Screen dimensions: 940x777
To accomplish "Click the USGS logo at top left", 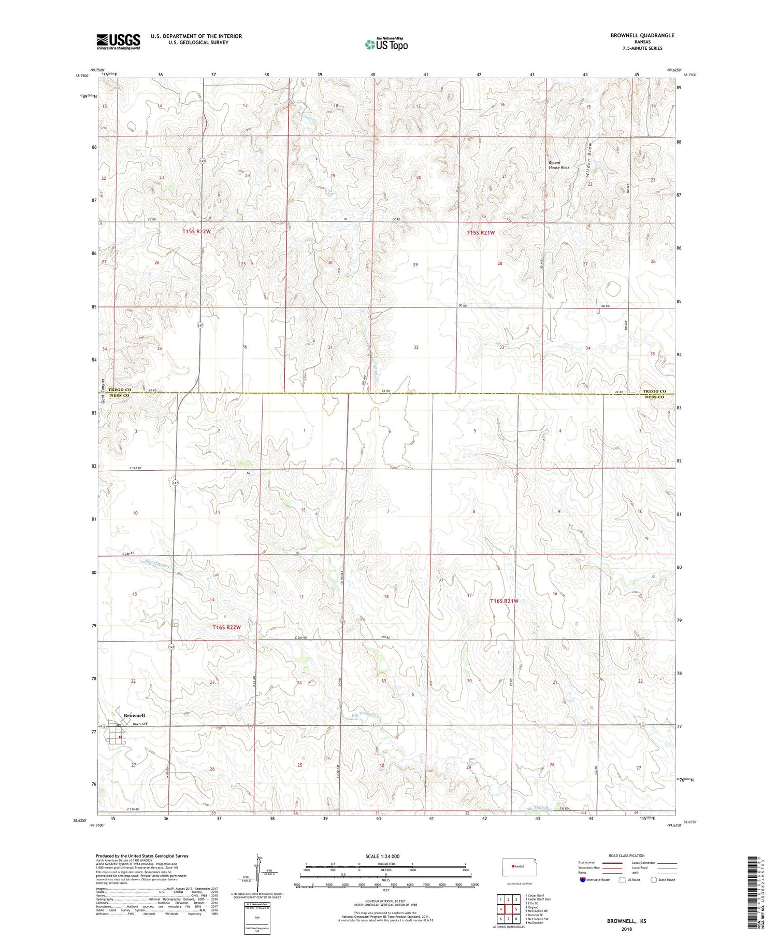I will pyautogui.click(x=118, y=41).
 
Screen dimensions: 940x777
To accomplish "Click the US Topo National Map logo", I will pyautogui.click(x=386, y=44).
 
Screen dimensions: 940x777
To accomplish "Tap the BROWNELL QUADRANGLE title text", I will pyautogui.click(x=642, y=35).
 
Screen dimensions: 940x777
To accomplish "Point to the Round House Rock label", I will pyautogui.click(x=559, y=165).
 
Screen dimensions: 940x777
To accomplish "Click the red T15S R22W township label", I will pyautogui.click(x=196, y=232).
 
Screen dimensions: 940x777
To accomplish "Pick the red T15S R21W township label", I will pyautogui.click(x=480, y=233).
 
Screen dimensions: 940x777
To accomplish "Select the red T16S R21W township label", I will pyautogui.click(x=504, y=601).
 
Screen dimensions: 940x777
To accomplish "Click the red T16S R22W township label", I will pyautogui.click(x=227, y=627).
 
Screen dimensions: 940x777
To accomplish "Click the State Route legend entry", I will pyautogui.click(x=665, y=880).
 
